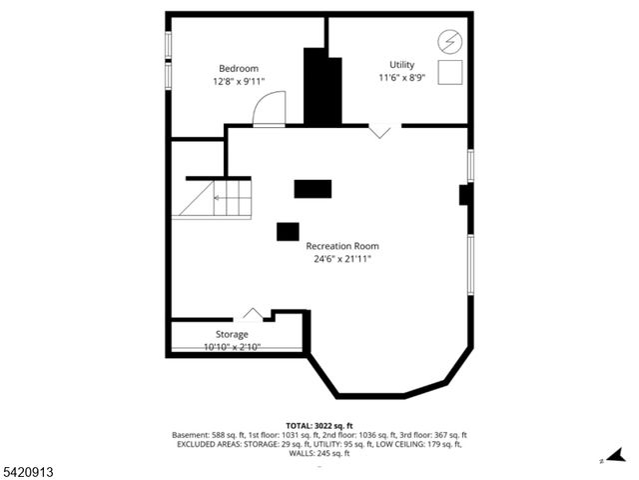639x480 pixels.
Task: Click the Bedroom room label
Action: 239,68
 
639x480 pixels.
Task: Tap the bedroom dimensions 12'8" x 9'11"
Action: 239,81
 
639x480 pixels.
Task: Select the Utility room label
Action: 402,64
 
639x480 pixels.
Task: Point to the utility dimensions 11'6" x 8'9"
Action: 402,77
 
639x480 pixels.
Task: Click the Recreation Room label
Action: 342,246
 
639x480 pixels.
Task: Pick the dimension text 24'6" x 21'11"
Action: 342,259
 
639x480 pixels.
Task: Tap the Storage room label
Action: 233,334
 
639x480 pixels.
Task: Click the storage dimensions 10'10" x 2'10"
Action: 233,347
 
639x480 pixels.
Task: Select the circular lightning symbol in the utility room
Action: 450,41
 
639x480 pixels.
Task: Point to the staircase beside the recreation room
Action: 214,198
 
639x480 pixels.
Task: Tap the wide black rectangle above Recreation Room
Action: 313,188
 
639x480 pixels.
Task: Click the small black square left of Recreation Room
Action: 288,231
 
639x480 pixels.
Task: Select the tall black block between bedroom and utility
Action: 322,87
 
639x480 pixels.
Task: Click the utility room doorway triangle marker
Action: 380,131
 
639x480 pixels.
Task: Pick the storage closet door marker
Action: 254,315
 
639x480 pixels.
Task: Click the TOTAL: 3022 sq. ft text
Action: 319,426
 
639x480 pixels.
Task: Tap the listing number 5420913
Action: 27,470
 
